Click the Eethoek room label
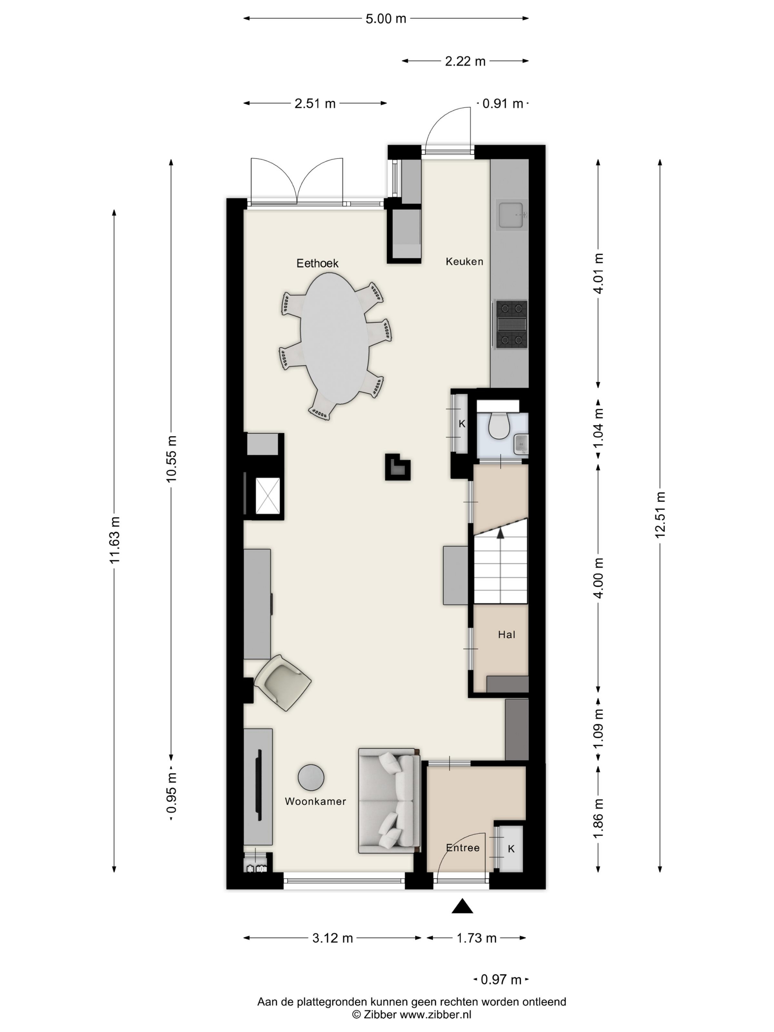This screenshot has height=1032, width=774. coord(317,263)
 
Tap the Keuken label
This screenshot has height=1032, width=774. coord(464,261)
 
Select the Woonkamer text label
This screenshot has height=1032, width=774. coord(315,801)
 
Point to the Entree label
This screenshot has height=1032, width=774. coord(462,848)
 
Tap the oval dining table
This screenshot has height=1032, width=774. coord(335,338)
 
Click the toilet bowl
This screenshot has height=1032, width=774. coord(499,425)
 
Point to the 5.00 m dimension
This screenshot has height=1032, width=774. coord(386,19)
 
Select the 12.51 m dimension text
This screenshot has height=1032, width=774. coord(660,515)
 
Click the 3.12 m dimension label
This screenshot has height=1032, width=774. coord(332,938)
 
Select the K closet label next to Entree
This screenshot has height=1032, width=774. coord(511,849)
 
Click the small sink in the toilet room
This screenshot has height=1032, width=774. coord(521,444)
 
